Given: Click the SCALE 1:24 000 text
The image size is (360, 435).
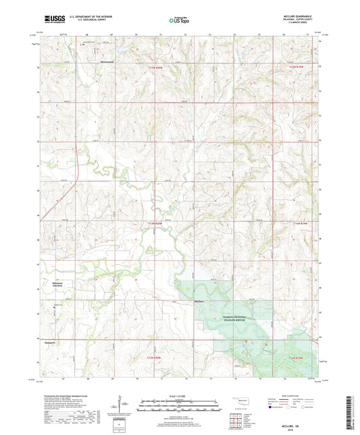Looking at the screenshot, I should click(x=180, y=396).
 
